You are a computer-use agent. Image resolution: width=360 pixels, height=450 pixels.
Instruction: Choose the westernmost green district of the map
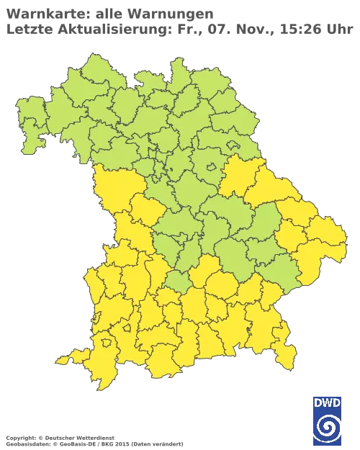(29, 115)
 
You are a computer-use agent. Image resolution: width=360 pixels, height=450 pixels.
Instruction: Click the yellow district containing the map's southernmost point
(101, 374)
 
